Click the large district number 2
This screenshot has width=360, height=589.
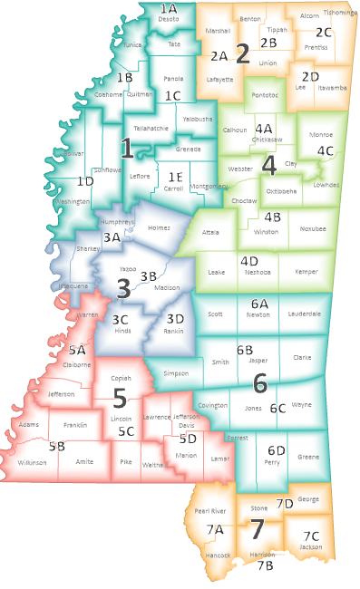[243, 53]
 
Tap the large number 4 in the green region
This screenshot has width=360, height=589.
[269, 166]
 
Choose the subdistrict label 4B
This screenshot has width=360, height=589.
[272, 217]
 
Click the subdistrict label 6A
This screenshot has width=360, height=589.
[260, 303]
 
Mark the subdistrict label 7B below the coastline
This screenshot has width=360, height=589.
[265, 565]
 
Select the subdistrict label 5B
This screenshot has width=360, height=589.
[56, 446]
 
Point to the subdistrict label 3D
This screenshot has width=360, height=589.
[175, 318]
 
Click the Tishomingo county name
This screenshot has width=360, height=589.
[338, 13]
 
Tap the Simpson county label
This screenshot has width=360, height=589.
[176, 372]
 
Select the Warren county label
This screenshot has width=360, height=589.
[87, 314]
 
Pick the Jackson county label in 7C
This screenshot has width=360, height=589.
[310, 547]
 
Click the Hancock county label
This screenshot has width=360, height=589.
[217, 555]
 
